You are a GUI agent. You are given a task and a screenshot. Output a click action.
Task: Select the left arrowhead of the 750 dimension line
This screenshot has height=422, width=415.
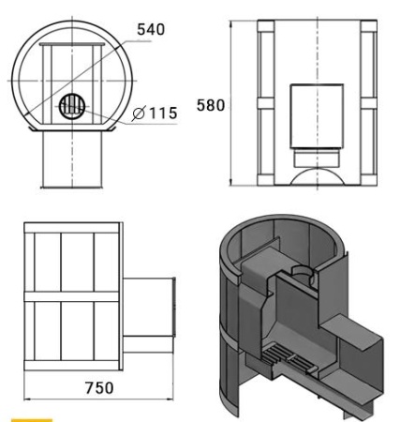[x=24, y=373]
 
